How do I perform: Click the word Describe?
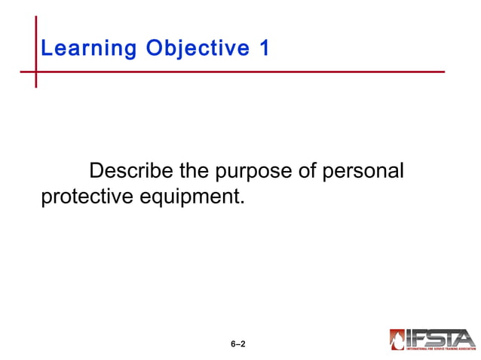131,172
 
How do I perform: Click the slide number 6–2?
238,344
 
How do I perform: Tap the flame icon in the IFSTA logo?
397,340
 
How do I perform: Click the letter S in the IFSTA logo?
436,337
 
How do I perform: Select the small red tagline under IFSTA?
440,349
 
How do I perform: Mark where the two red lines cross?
35,72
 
